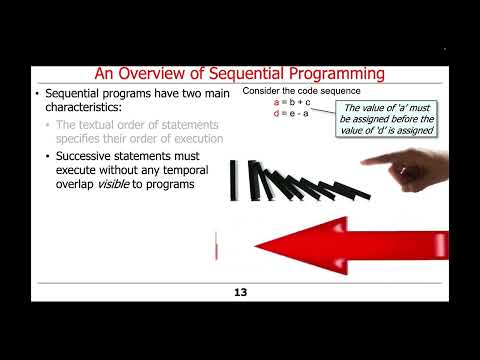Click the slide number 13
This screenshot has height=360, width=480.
click(240, 292)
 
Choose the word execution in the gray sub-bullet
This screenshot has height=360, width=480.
click(194, 137)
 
